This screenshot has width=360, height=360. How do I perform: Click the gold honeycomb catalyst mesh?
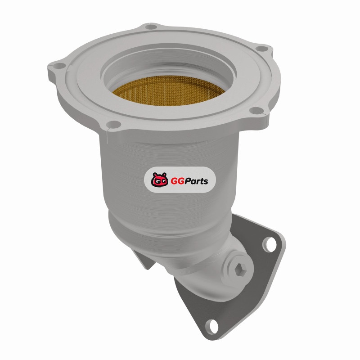[x=168, y=91]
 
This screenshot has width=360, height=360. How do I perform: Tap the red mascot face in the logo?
[x=159, y=180]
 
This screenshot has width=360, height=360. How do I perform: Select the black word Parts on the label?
[x=196, y=181]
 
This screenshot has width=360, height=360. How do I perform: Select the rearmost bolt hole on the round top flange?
[x=151, y=27]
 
